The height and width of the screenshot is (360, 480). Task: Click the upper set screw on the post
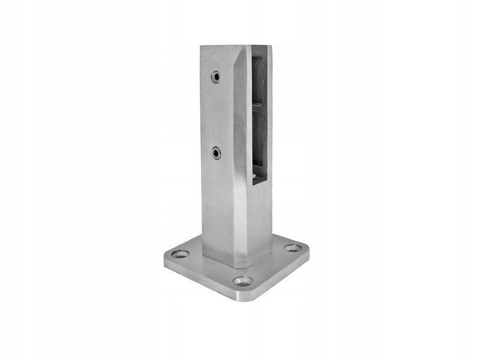[215, 77]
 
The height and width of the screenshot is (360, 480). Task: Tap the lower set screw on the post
[216, 153]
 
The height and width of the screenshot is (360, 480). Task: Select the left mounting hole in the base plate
[179, 254]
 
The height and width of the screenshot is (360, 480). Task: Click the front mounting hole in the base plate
[243, 281]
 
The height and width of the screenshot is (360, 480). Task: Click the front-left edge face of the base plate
[201, 277]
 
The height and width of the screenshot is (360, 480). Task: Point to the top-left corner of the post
[202, 46]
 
